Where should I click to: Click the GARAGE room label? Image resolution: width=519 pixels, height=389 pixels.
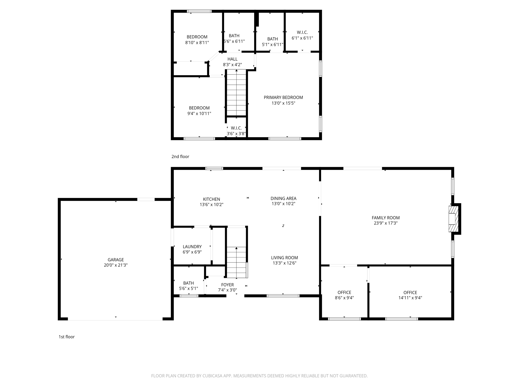click(116, 260)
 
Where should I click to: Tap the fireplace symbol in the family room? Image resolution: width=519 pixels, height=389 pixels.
click(453, 219)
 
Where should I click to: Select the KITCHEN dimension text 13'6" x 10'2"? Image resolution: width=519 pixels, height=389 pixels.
click(211, 205)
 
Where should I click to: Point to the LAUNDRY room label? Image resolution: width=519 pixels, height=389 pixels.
click(192, 246)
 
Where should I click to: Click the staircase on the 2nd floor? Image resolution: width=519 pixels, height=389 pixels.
click(236, 92)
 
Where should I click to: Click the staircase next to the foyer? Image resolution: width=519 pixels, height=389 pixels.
click(236, 262)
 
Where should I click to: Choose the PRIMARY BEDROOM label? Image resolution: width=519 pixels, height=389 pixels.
click(283, 98)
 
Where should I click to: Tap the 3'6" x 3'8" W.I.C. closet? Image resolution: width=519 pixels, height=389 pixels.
click(236, 131)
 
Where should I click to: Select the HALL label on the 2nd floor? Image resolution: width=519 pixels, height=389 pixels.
click(232, 59)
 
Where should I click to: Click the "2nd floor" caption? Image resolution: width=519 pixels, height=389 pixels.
click(180, 157)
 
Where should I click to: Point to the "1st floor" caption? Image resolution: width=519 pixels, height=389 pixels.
click(67, 337)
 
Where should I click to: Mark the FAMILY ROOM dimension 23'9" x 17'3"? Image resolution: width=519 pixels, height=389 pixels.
click(385, 223)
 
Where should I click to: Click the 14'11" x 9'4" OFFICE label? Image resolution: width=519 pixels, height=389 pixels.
click(410, 293)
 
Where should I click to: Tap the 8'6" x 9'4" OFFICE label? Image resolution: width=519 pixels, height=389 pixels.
click(344, 293)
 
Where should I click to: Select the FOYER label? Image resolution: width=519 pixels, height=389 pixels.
click(227, 285)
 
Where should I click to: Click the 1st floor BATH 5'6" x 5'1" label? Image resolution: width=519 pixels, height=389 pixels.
click(188, 283)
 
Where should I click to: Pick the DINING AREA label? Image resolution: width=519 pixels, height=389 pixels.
click(283, 198)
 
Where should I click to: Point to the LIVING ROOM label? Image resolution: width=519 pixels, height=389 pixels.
click(284, 258)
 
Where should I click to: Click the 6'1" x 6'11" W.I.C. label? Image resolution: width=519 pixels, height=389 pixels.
click(302, 32)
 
